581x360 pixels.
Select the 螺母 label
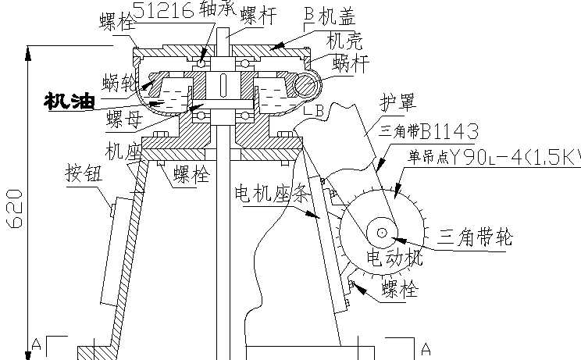(x=125, y=119)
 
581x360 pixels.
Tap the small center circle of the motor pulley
(x=383, y=232)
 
